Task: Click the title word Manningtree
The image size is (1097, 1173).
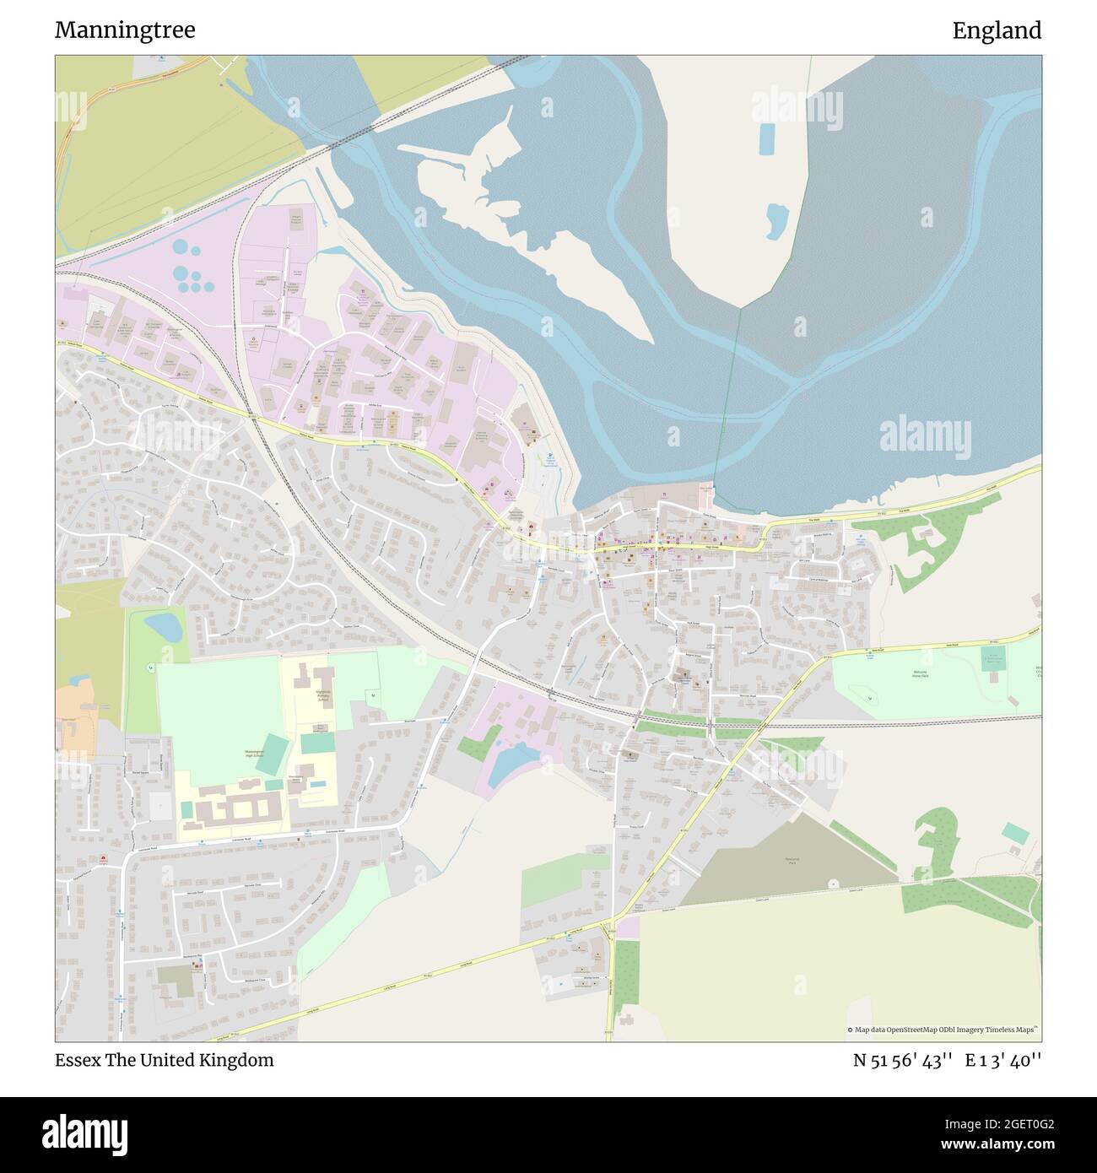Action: (x=125, y=30)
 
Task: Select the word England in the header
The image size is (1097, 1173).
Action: (x=997, y=30)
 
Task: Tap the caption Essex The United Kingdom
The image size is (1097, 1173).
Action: (x=165, y=1060)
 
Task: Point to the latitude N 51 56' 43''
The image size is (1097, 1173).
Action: (x=903, y=1060)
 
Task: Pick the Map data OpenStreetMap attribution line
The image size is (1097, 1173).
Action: (x=943, y=1030)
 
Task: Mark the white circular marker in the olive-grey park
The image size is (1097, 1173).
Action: (x=833, y=883)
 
